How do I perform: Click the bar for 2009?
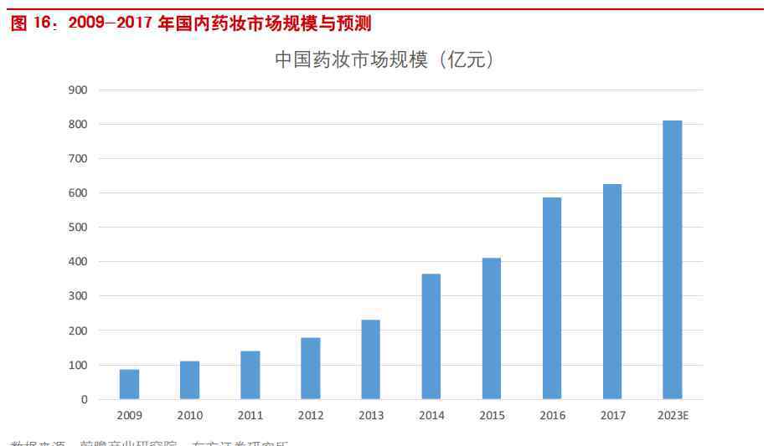(x=129, y=384)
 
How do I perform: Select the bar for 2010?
(x=189, y=380)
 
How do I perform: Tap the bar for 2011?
(x=250, y=375)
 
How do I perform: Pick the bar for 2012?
(x=311, y=368)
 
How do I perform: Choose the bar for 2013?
(x=371, y=360)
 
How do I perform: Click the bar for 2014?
(x=431, y=336)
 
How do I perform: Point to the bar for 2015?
(x=492, y=329)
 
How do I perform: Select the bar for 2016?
(x=552, y=299)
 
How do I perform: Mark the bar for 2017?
(x=612, y=292)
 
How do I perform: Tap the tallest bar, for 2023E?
(x=673, y=260)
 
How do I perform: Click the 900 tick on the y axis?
(x=78, y=90)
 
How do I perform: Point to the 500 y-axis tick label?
(x=78, y=228)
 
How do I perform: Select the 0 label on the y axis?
(x=84, y=400)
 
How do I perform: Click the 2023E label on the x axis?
(x=673, y=415)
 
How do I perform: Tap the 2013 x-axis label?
(x=371, y=415)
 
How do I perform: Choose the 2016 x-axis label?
(x=552, y=415)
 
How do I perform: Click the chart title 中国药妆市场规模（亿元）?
(x=384, y=60)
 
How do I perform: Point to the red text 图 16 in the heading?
(x=31, y=23)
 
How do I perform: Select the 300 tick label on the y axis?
(x=78, y=296)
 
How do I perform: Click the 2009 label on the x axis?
(x=129, y=415)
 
